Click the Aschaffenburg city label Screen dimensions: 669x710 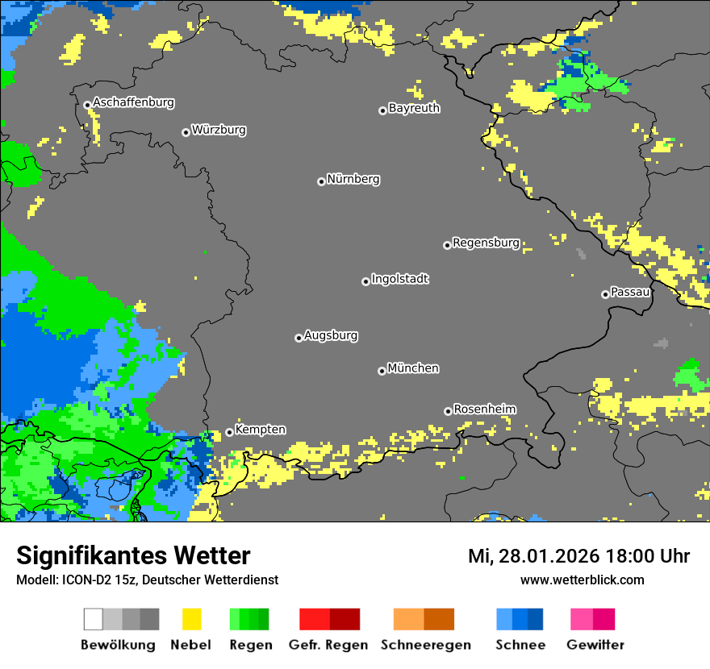pyautogui.click(x=133, y=103)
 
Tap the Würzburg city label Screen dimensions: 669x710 pyautogui.click(x=219, y=130)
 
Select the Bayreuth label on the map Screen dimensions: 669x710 pyautogui.click(x=414, y=108)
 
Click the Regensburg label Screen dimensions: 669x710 pyautogui.click(x=486, y=243)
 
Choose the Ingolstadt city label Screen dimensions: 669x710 pyautogui.click(x=400, y=279)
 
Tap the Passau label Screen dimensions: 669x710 pyautogui.click(x=630, y=292)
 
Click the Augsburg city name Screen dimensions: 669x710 pyautogui.click(x=331, y=335)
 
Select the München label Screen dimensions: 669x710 pyautogui.click(x=413, y=368)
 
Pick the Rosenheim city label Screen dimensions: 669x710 pyautogui.click(x=485, y=409)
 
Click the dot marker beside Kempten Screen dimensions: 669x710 pyautogui.click(x=229, y=432)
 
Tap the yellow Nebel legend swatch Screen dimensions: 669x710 pyautogui.click(x=191, y=619)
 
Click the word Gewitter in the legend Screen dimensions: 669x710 pyautogui.click(x=595, y=645)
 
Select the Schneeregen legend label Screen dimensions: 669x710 pyautogui.click(x=425, y=645)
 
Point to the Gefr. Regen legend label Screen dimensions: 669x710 pyautogui.click(x=328, y=645)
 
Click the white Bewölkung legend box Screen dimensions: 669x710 pyautogui.click(x=94, y=619)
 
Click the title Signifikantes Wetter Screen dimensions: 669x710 pyautogui.click(x=133, y=555)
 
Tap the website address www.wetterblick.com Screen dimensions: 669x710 pyautogui.click(x=582, y=580)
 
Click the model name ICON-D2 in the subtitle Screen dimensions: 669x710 pyautogui.click(x=84, y=580)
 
